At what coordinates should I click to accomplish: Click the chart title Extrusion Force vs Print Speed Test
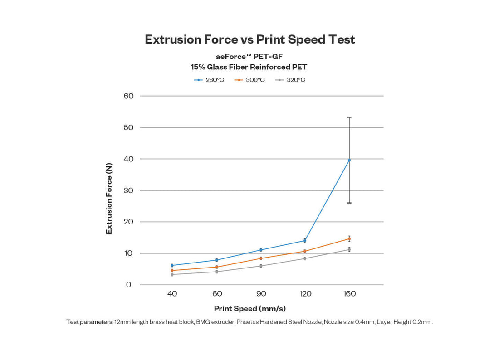point(249,39)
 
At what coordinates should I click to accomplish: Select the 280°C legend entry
point(209,80)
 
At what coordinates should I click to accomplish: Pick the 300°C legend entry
point(250,80)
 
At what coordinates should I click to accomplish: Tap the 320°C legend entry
point(290,80)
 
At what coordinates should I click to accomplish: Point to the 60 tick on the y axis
point(128,96)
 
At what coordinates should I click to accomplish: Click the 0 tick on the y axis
point(129,285)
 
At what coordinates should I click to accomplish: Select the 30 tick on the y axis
point(128,190)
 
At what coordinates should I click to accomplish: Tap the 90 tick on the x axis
point(261,294)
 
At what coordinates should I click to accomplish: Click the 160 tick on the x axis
point(349,294)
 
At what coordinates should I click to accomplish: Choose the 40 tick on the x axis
point(172,294)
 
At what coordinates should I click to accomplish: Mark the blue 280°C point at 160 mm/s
point(349,160)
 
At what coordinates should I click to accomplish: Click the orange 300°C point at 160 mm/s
point(349,239)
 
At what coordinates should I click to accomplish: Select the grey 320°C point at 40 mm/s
point(172,274)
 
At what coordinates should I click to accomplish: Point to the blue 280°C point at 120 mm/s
point(305,240)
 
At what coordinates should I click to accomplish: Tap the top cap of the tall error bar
point(349,117)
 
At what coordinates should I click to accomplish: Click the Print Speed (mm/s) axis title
point(250,309)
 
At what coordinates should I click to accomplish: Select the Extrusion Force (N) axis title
point(109,199)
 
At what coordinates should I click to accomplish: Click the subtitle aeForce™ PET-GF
point(249,58)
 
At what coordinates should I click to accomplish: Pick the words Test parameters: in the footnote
point(89,322)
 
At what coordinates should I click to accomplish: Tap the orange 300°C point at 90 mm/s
point(261,258)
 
